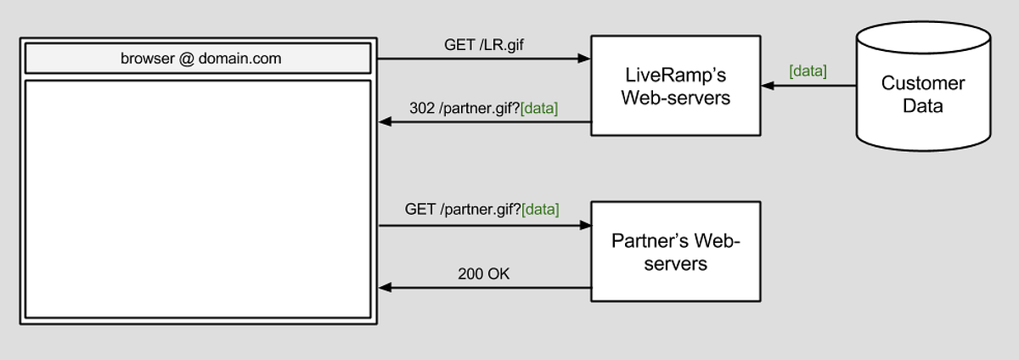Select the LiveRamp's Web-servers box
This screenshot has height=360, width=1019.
[x=675, y=86]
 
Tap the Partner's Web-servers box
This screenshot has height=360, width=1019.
[x=675, y=251]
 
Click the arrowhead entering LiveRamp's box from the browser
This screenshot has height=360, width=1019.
[x=584, y=59]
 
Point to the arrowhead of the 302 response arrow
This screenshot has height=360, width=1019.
[x=384, y=122]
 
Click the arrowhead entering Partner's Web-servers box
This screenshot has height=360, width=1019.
[x=584, y=226]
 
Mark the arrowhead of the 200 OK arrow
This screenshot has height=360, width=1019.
[x=384, y=288]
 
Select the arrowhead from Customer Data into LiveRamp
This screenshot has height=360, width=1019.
[x=768, y=86]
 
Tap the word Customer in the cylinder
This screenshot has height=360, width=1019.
[x=922, y=83]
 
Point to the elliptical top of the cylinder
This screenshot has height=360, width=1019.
[x=922, y=38]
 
